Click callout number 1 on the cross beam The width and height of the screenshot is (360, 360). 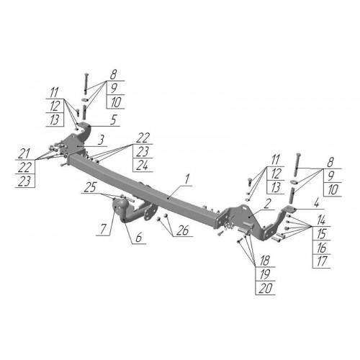click(187, 179)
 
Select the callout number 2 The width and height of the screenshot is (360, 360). click(266, 204)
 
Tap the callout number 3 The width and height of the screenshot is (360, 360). click(102, 140)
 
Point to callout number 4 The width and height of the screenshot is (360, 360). click(316, 203)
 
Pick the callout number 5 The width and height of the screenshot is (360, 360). click(113, 120)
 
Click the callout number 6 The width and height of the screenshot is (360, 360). click(139, 238)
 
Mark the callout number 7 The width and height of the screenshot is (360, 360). click(103, 229)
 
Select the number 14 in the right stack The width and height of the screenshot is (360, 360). click(321, 220)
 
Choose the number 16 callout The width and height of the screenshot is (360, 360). click(321, 248)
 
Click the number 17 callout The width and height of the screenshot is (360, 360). click(321, 261)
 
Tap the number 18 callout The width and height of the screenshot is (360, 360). click(265, 261)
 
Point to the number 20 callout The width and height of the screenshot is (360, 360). click(265, 288)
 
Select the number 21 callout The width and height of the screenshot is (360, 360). click(24, 153)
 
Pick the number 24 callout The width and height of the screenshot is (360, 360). click(142, 166)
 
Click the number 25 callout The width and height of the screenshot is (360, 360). click(91, 187)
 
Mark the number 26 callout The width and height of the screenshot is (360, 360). click(183, 230)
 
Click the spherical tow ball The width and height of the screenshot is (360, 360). click(119, 206)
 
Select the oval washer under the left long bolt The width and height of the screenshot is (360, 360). click(85, 99)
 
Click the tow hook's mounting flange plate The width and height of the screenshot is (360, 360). click(150, 212)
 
